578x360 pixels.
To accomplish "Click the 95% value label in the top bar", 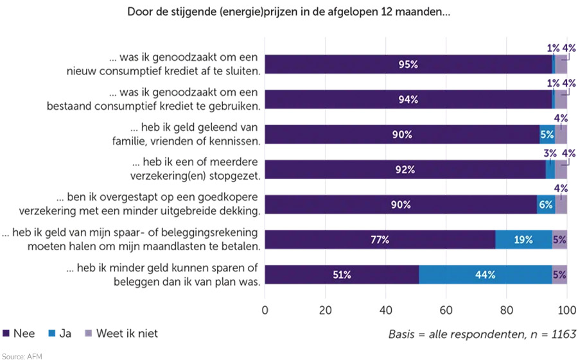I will (x=408, y=64).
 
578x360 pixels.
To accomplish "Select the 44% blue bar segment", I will (x=485, y=275).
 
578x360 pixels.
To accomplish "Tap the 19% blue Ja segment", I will (x=523, y=239).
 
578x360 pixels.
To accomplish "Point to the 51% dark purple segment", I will (x=342, y=275).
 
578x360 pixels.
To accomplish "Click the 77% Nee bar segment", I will (x=380, y=239).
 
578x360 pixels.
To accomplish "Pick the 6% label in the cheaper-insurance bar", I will (x=546, y=205).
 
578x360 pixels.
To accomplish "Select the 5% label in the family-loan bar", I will (x=547, y=135).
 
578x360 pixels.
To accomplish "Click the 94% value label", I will (x=408, y=99).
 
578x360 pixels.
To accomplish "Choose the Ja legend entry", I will (x=59, y=333).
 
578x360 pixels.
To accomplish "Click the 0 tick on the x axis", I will (x=265, y=311).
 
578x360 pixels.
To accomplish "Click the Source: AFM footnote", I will (x=21, y=355).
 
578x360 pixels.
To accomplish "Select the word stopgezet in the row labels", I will (x=236, y=175).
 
